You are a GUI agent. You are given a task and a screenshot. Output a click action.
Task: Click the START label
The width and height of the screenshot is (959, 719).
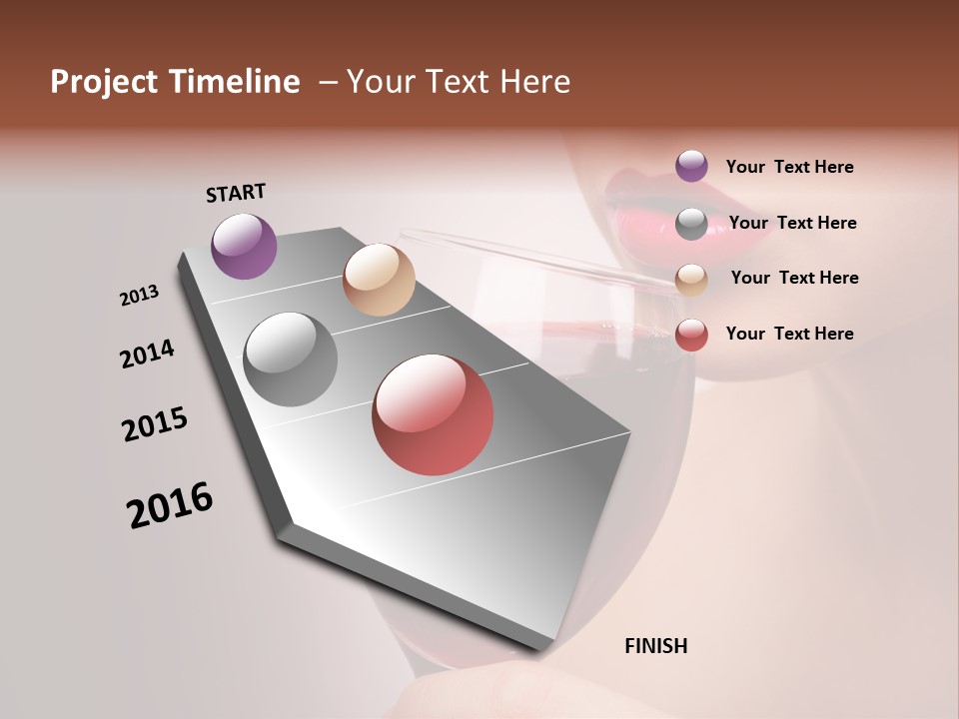236,193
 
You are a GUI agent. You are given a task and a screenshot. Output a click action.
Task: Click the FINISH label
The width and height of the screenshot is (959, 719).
655,646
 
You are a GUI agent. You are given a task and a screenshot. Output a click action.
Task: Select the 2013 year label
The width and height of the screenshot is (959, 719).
139,296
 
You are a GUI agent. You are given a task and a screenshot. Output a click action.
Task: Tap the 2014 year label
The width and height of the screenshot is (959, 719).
147,355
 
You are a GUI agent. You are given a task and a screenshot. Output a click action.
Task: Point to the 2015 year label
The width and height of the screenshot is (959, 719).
155,424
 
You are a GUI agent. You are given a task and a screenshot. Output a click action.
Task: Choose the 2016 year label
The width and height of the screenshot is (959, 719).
170,505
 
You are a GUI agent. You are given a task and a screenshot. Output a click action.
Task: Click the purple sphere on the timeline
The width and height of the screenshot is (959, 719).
244,246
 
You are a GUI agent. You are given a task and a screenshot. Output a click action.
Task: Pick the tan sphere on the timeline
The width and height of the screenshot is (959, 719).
379,280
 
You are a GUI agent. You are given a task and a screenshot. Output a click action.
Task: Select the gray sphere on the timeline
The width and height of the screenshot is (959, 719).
291,359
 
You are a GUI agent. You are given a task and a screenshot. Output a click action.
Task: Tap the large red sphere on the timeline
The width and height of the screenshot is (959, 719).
433,414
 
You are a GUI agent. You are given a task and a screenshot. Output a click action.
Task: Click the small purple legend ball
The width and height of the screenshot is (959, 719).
691,166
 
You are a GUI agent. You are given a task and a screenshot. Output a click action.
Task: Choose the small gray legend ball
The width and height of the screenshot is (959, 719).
691,224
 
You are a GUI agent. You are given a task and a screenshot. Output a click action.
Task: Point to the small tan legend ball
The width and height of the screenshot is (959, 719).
691,280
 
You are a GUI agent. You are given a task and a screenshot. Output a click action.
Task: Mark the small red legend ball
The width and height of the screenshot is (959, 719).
691,335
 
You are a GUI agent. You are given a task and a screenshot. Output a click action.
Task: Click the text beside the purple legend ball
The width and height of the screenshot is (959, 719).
789,167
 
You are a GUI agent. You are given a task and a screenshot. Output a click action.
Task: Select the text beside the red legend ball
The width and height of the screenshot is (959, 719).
789,334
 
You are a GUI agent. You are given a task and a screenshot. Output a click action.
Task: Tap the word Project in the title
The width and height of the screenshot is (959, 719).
103,82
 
